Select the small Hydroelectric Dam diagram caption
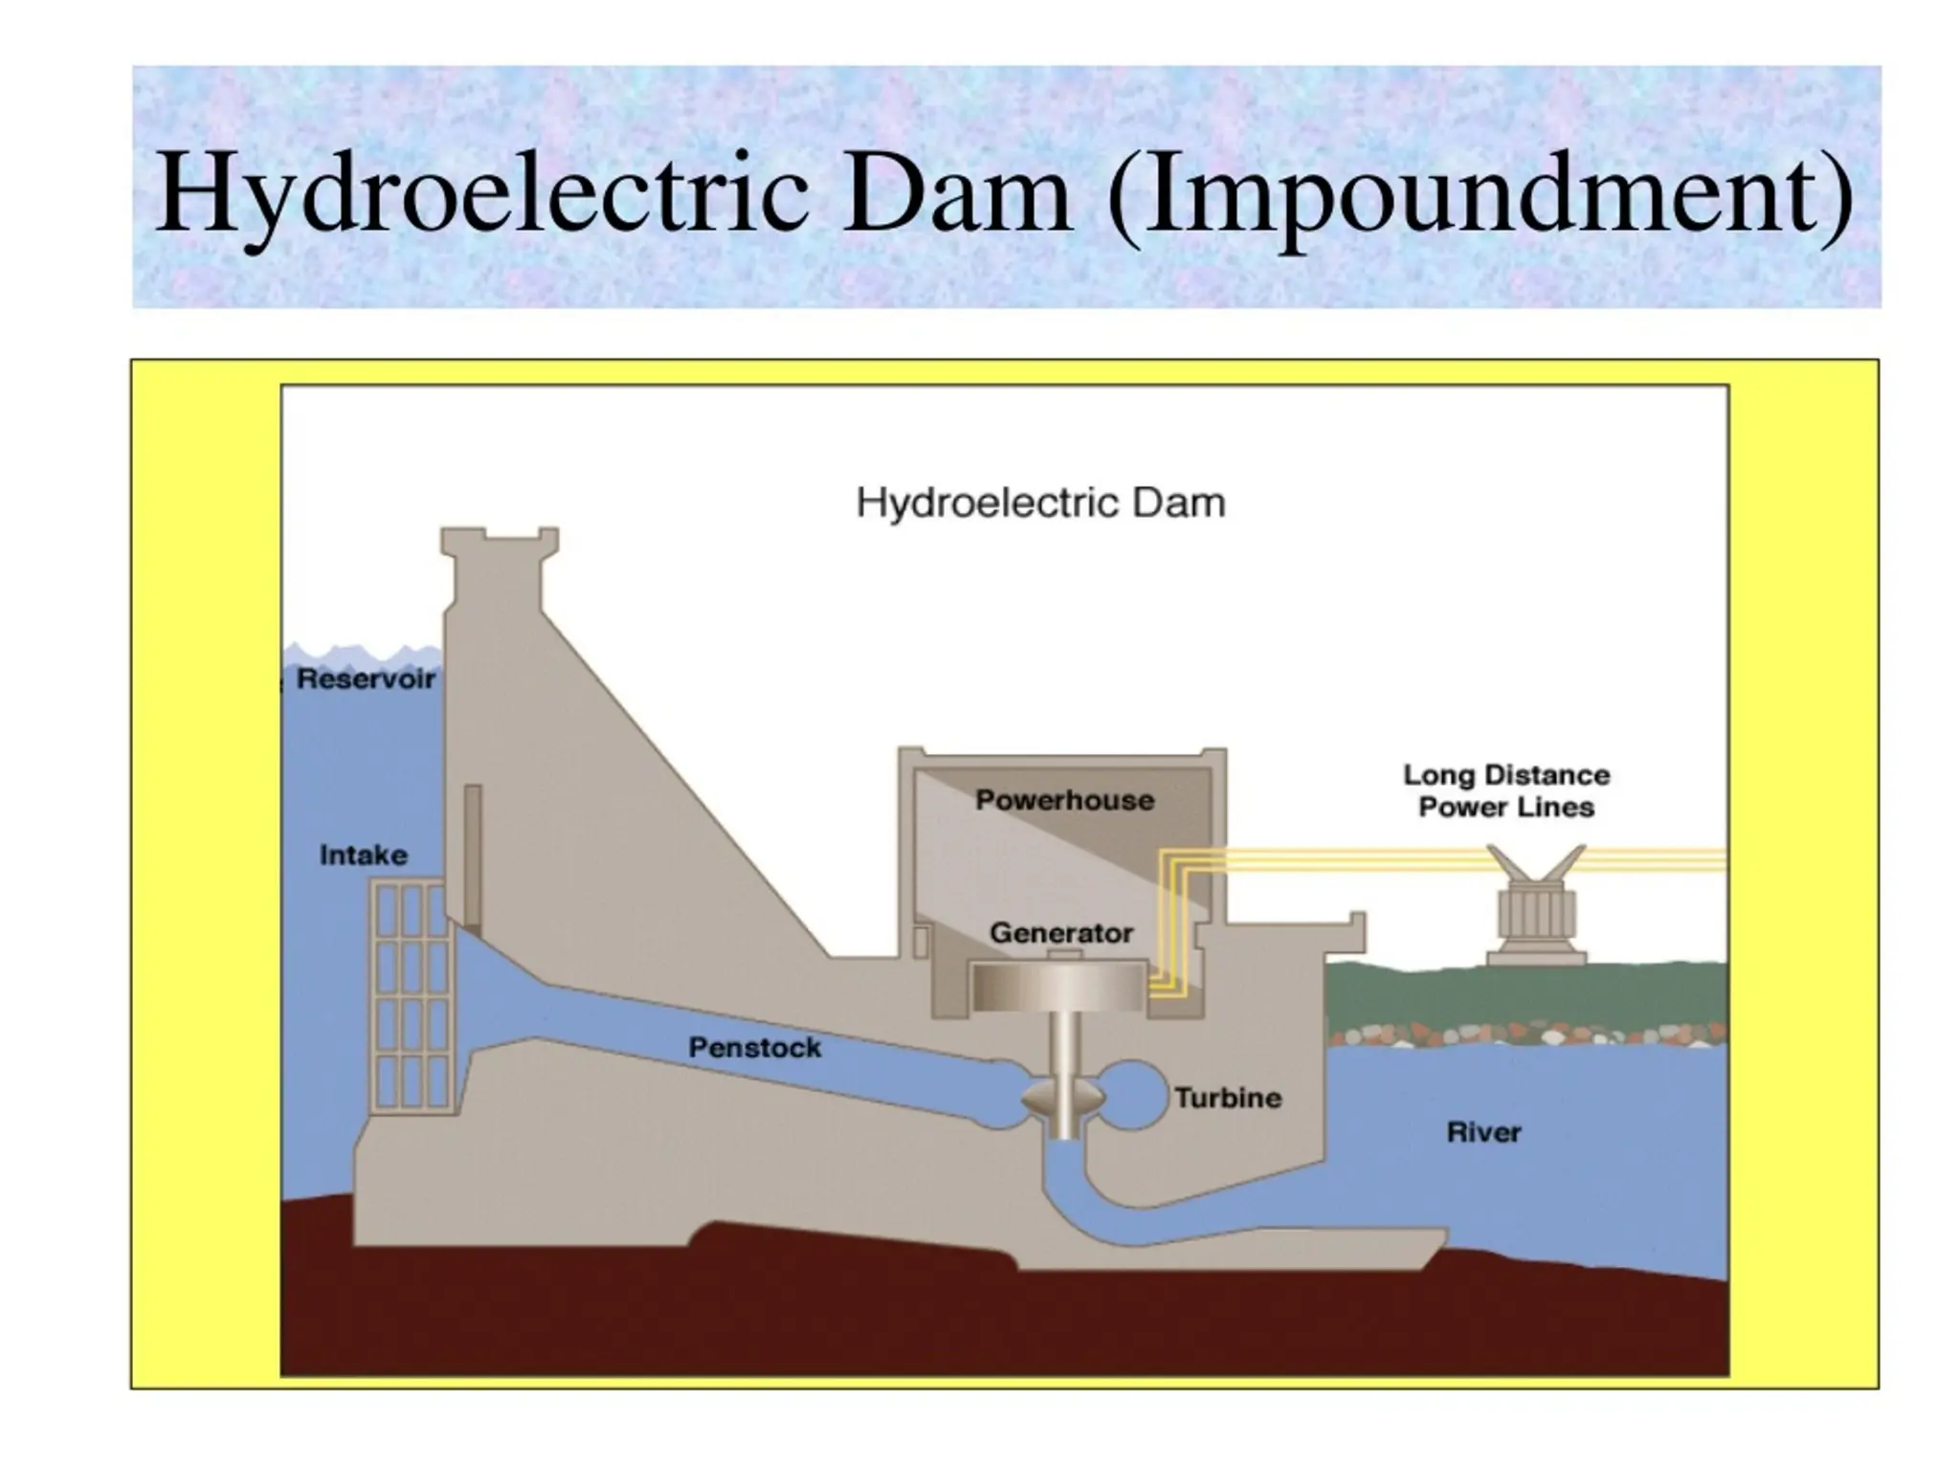point(1040,503)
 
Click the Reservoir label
point(366,679)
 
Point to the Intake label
point(363,855)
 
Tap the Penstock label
point(755,1048)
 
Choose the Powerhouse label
point(1064,800)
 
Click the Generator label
point(1060,933)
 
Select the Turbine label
point(1228,1098)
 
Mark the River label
point(1483,1133)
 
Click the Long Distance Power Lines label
point(1505,791)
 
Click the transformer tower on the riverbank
point(1536,909)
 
